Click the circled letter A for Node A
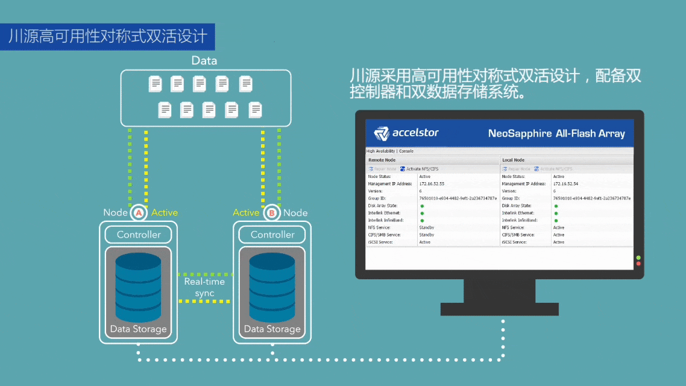(139, 213)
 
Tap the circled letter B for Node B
(272, 213)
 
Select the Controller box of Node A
(139, 235)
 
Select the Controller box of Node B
(272, 235)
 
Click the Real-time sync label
(204, 287)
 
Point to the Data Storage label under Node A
(139, 329)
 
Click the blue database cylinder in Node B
(272, 287)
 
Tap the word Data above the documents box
(204, 60)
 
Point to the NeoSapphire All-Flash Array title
(556, 133)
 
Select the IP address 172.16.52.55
(432, 183)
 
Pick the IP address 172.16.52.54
(565, 183)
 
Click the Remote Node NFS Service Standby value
(427, 227)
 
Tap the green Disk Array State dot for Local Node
(556, 206)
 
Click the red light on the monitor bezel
(638, 264)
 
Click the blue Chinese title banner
(107, 37)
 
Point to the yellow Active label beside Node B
(246, 212)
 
